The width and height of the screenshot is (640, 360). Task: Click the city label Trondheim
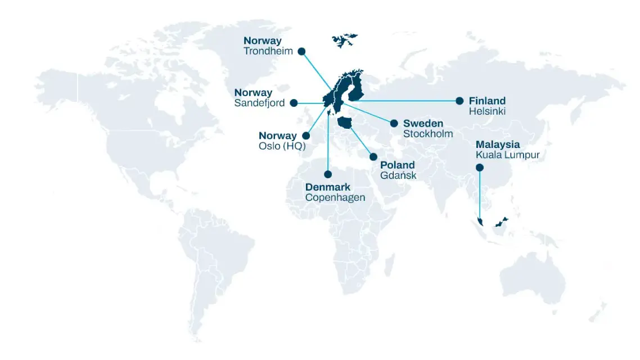[268, 51]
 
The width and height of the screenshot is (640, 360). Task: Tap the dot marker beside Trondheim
[301, 51]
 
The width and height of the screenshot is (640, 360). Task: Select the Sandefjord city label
[259, 103]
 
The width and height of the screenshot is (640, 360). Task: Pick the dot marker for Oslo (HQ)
[307, 136]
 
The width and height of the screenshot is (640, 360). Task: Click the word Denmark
[328, 187]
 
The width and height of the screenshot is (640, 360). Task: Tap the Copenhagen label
[335, 197]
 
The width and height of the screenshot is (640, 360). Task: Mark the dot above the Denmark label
[328, 174]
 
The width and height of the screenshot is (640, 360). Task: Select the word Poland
[397, 165]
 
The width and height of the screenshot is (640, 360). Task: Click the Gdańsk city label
[398, 175]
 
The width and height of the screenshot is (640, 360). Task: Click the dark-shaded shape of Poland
[345, 123]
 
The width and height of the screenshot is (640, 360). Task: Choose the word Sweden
[423, 123]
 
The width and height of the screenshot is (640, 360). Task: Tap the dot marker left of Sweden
[394, 123]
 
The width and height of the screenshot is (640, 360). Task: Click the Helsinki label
[487, 111]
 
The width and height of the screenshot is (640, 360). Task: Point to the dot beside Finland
[459, 101]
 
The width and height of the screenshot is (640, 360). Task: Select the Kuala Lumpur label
[507, 155]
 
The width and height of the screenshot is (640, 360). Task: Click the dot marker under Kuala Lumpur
[479, 167]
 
